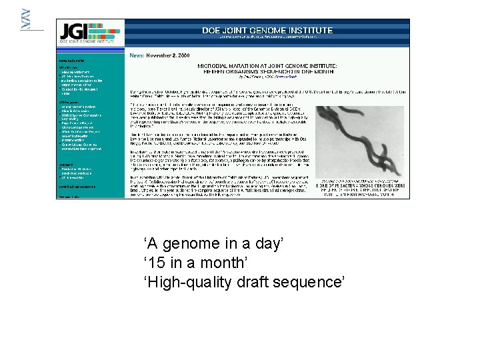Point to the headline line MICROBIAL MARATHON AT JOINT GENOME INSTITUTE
coord(267,67)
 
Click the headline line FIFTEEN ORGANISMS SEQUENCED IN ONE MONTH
coord(267,72)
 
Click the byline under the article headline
coord(267,77)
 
